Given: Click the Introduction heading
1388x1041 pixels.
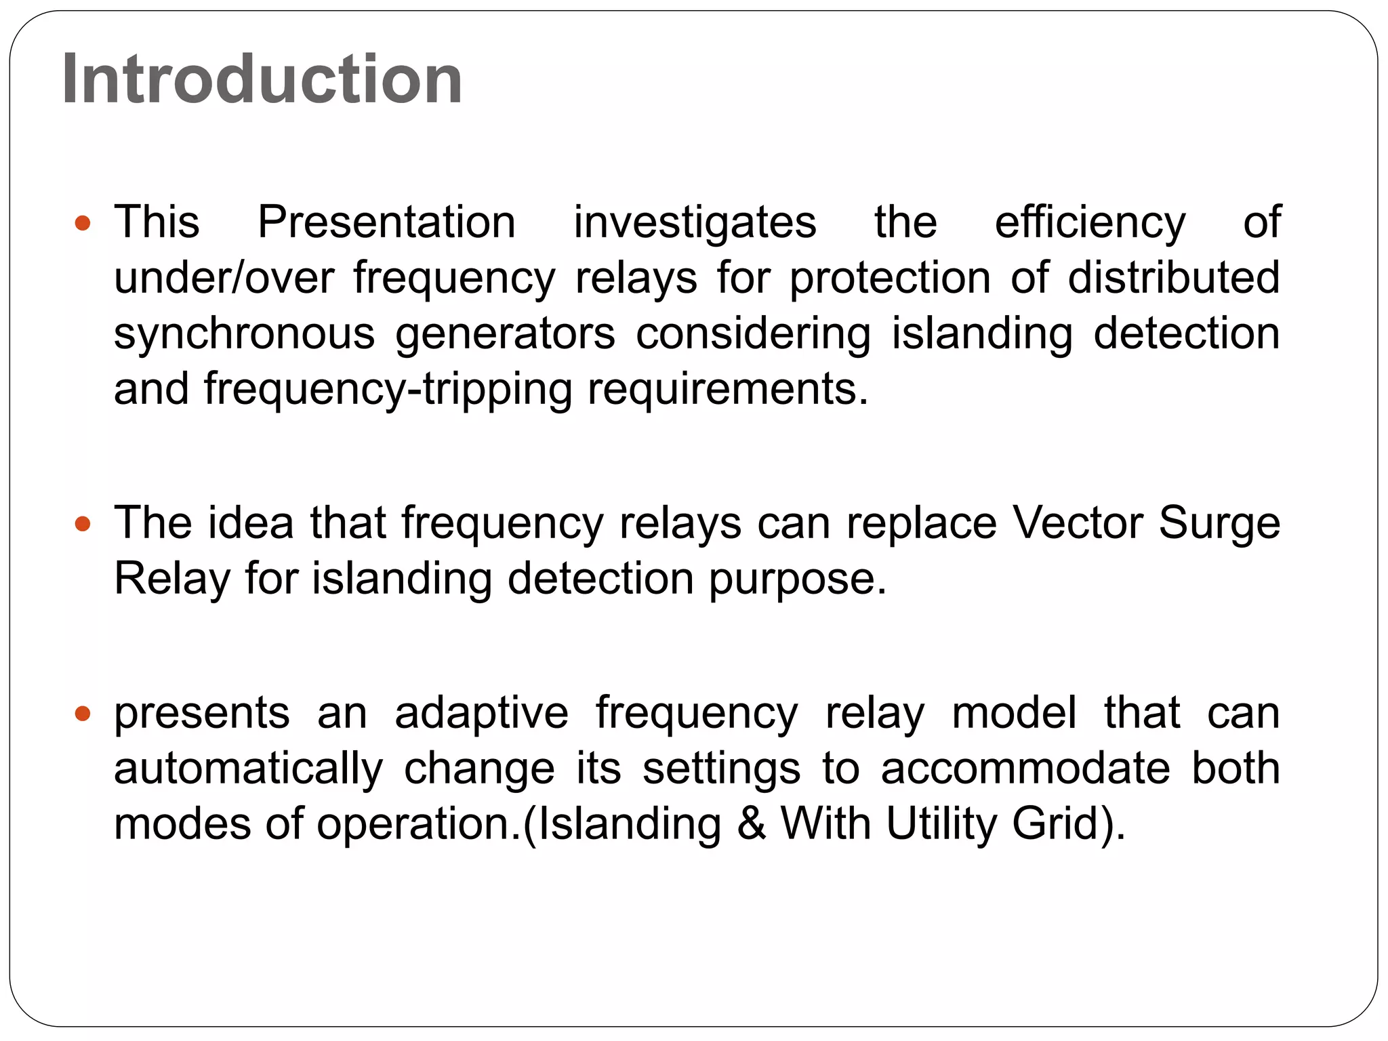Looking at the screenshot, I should pyautogui.click(x=262, y=79).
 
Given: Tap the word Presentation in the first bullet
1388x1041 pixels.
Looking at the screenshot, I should pyautogui.click(x=386, y=222).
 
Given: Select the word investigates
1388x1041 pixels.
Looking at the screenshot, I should pyautogui.click(x=695, y=222).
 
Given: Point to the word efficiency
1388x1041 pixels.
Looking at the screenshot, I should pyautogui.click(x=1090, y=222).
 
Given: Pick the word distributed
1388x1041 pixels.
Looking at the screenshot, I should pyautogui.click(x=1173, y=278).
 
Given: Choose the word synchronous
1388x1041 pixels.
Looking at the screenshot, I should pyautogui.click(x=244, y=333).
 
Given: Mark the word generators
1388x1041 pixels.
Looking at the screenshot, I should pyautogui.click(x=505, y=333).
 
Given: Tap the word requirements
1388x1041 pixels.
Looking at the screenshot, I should pyautogui.click(x=727, y=390).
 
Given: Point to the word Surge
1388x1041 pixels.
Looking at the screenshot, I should pyautogui.click(x=1219, y=523).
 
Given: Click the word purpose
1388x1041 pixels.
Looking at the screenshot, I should pyautogui.click(x=797, y=579).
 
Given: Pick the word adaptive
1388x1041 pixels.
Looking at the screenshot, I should pyautogui.click(x=481, y=713).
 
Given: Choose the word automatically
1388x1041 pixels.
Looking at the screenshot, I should pyautogui.click(x=248, y=769).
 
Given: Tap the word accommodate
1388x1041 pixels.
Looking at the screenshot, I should pyautogui.click(x=1025, y=769).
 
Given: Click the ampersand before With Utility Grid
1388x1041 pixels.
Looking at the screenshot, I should pyautogui.click(x=751, y=824).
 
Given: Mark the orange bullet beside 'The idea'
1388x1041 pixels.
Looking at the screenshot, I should pyautogui.click(x=83, y=524).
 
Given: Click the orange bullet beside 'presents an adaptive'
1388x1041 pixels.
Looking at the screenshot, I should pyautogui.click(x=83, y=714).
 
